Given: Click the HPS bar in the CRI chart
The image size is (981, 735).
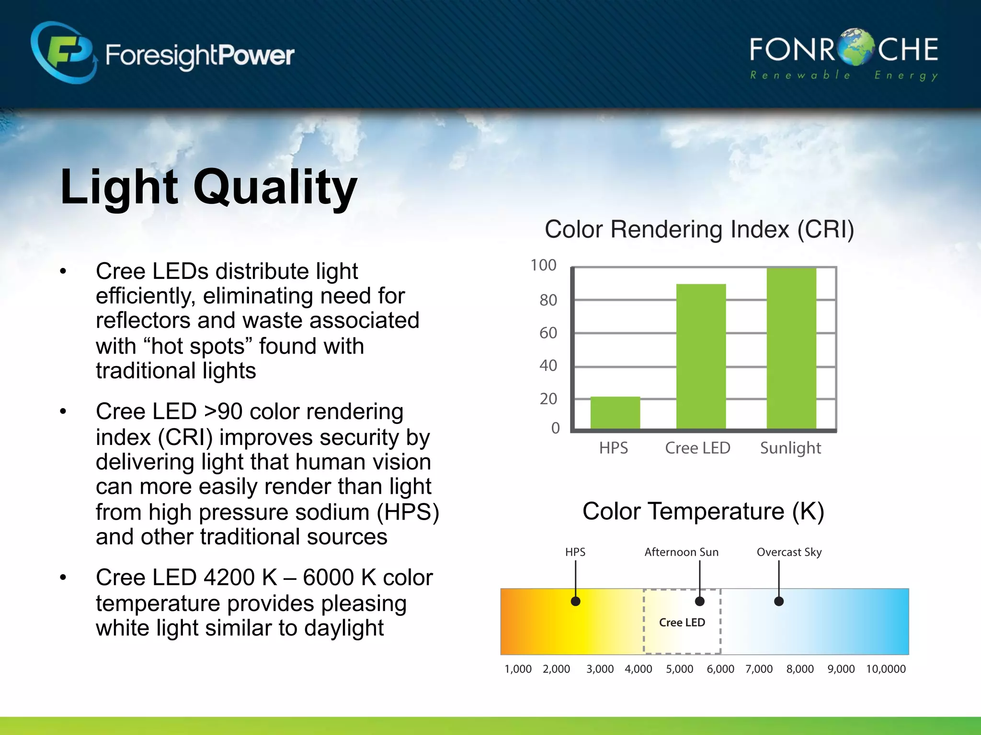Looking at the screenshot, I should coord(615,412).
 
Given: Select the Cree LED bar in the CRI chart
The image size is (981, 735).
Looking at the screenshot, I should coord(701,356).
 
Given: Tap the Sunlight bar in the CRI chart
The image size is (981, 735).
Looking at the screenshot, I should coord(791,348).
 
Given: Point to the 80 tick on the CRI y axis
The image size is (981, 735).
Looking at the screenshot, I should coord(548,301).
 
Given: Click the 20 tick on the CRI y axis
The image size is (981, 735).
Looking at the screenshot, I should coord(548,399).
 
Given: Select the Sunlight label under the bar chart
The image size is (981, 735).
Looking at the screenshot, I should coord(790,448).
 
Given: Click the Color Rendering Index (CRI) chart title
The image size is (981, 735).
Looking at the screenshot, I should coord(699,229).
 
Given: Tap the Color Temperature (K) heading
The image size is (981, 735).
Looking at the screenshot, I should coord(703,511).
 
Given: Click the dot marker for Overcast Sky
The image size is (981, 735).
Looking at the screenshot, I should coord(779,601).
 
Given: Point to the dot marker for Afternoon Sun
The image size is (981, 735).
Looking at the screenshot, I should coord(700,601).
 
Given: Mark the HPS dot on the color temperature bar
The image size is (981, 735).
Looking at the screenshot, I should coord(576,601).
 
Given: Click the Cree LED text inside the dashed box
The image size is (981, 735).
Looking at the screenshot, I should coord(682,623).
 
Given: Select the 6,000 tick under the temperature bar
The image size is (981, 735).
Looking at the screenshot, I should coord(720,669).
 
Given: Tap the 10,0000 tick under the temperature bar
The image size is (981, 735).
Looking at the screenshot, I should coord(886,669).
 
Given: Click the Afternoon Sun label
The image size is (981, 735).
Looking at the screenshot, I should coord(681,552).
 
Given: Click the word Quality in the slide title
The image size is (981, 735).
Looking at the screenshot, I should coord(275,188).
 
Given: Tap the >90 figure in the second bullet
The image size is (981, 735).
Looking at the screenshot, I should coord(223,412).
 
